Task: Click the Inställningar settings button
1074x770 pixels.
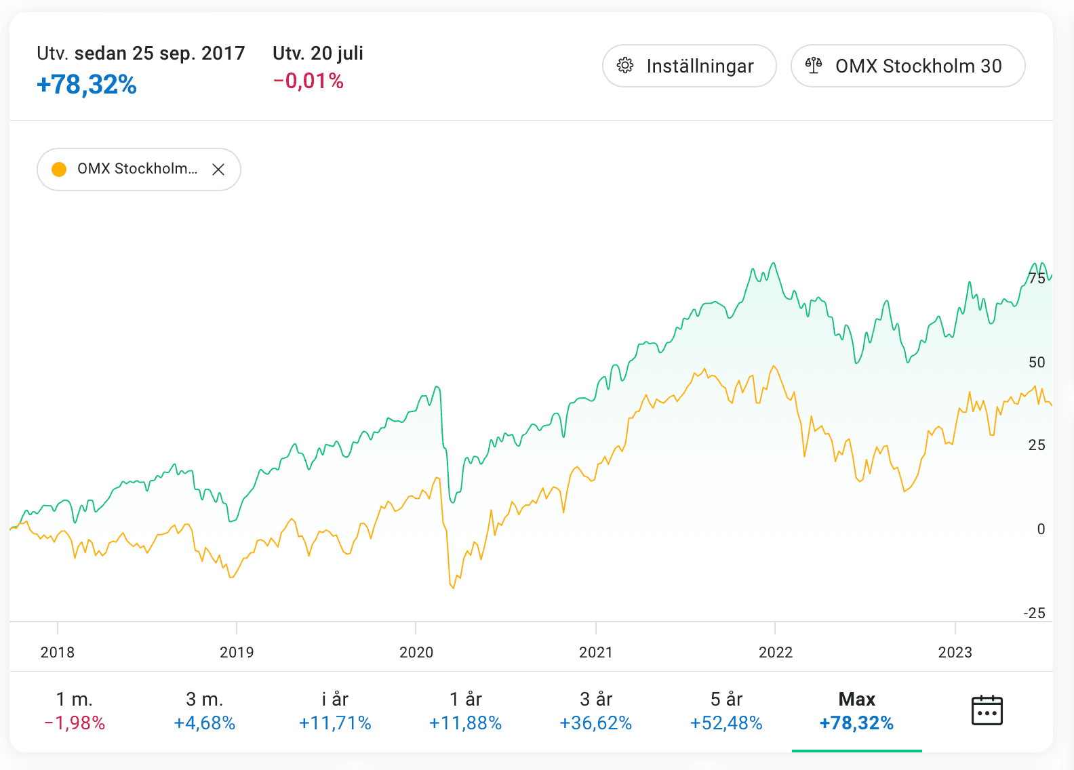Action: coord(689,66)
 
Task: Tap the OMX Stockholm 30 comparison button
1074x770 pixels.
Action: coord(907,66)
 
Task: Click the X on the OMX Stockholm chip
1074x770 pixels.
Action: coord(218,169)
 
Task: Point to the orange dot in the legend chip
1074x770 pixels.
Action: coord(59,169)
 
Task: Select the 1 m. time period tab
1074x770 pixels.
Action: coord(75,710)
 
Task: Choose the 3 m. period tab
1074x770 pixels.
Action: coord(205,710)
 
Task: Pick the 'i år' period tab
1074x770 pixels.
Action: coord(335,710)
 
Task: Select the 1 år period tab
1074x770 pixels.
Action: coord(465,710)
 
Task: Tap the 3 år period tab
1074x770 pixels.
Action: coord(596,710)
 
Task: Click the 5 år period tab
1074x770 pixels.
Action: coord(726,710)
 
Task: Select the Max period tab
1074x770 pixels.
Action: coord(856,710)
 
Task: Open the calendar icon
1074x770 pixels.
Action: coord(987,710)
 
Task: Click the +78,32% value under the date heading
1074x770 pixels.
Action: coord(87,85)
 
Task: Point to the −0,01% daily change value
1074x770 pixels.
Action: coord(309,81)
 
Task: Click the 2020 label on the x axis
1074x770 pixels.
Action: coord(416,652)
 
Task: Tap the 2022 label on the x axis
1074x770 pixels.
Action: coord(775,652)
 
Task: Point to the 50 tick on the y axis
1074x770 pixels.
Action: coord(1037,363)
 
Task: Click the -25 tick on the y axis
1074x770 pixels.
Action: coord(1035,613)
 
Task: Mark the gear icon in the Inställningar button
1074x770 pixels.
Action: coord(625,66)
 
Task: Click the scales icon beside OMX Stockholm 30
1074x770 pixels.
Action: coord(814,66)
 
